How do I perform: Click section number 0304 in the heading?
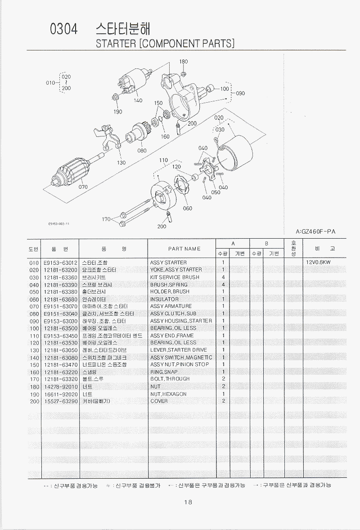click(x=64, y=29)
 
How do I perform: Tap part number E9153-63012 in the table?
click(x=61, y=262)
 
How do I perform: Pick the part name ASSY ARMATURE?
click(x=171, y=306)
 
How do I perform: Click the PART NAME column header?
click(x=184, y=249)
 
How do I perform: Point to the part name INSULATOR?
click(x=164, y=299)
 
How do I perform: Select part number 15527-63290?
click(x=61, y=401)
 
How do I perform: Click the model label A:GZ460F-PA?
click(x=316, y=231)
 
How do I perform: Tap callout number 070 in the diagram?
click(x=83, y=186)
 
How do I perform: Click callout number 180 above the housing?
click(x=183, y=62)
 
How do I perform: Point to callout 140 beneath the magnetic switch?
click(x=138, y=100)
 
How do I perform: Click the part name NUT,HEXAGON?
click(x=168, y=394)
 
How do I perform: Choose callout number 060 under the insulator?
click(x=187, y=208)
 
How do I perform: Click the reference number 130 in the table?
click(x=34, y=350)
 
